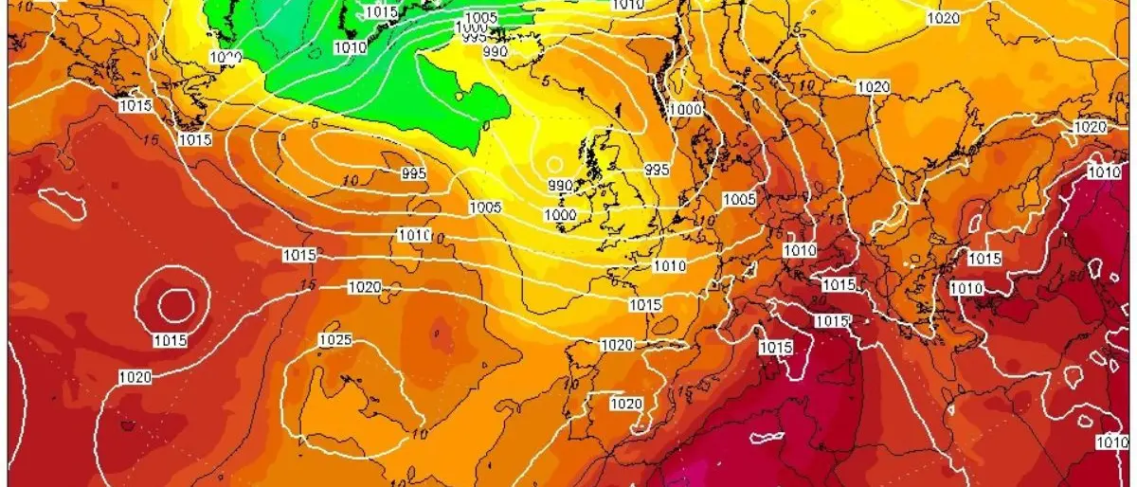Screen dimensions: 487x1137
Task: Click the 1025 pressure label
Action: (335, 340)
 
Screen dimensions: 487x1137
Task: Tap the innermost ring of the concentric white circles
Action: (175, 304)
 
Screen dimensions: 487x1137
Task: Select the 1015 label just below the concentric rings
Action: (170, 340)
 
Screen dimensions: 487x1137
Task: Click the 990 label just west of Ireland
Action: (560, 186)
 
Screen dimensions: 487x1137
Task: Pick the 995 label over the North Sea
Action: (657, 170)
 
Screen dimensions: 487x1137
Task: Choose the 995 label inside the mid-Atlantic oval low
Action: (413, 173)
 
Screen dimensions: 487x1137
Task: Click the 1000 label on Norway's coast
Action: (685, 110)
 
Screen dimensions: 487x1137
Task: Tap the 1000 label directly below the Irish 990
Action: (560, 216)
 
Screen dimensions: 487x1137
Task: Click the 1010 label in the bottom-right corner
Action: (1110, 442)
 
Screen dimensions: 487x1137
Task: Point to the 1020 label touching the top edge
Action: (943, 18)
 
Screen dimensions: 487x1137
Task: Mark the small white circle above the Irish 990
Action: (554, 164)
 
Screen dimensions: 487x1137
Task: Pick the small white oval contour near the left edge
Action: (56, 200)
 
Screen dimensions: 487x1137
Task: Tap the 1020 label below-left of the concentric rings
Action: (134, 377)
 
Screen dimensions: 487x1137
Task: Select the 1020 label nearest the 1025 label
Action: (366, 287)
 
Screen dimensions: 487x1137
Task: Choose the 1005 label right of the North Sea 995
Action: (739, 199)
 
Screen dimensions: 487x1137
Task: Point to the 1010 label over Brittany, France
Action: (670, 266)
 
